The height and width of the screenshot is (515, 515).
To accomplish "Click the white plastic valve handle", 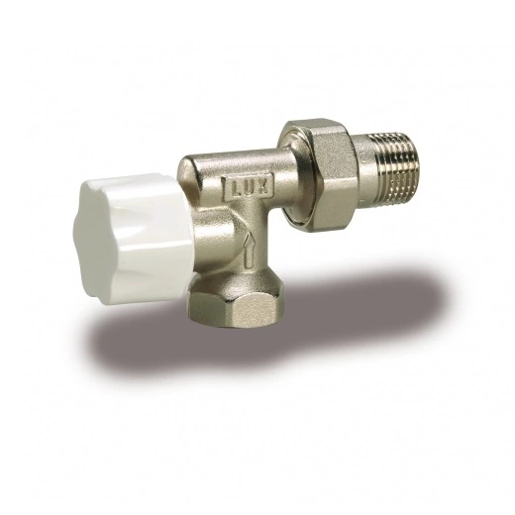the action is pos(131,239).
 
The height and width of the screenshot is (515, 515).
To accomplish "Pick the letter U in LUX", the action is pos(250,189).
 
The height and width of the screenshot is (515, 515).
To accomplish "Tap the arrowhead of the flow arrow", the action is pos(248,238).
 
